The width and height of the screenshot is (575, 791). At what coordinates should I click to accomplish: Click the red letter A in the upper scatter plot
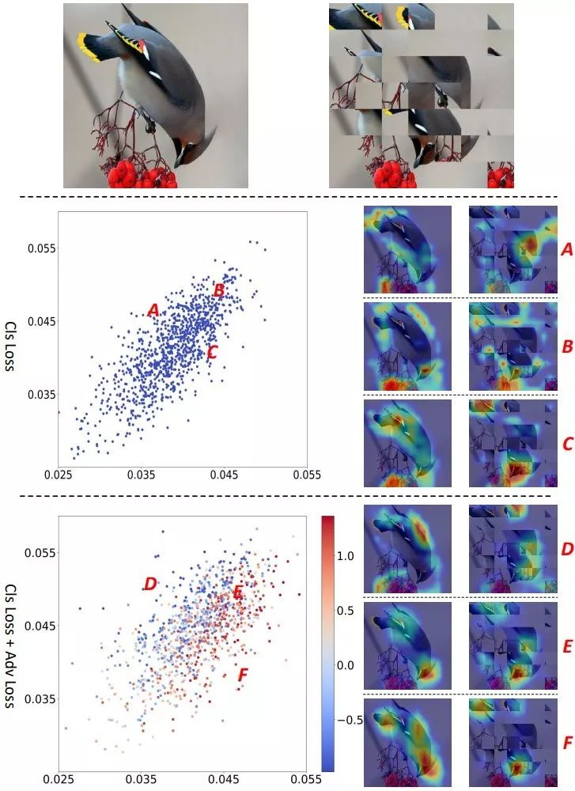click(x=153, y=311)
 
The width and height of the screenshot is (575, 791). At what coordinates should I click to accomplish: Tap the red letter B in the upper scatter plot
click(x=220, y=290)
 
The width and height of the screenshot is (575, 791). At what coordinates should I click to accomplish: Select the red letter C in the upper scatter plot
click(x=211, y=352)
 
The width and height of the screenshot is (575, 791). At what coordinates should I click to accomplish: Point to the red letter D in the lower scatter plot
click(x=150, y=584)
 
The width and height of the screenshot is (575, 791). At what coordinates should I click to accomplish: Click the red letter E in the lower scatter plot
click(x=237, y=592)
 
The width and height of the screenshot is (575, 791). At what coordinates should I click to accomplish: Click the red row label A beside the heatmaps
click(x=566, y=250)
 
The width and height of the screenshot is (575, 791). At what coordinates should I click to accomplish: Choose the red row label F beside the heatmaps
click(x=566, y=743)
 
